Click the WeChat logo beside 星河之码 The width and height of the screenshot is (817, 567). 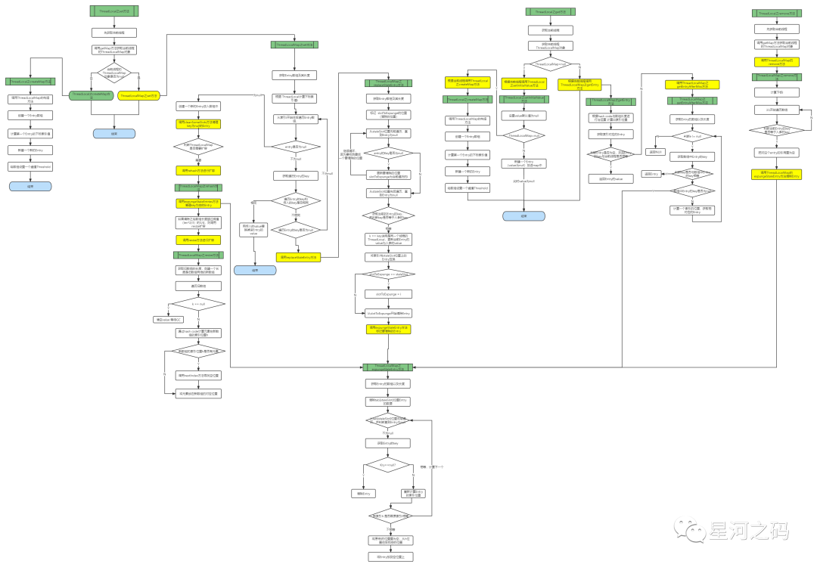point(690,530)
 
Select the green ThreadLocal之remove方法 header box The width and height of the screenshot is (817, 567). point(777,14)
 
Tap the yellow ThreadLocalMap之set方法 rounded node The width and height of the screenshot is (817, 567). point(139,96)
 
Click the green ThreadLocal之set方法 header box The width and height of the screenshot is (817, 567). point(113,11)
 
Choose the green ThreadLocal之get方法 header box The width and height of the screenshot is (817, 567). point(550,11)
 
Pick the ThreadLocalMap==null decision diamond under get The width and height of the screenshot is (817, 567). point(550,64)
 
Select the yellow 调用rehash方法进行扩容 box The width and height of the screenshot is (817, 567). point(198,171)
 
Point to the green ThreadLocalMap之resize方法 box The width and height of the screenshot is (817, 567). point(198,256)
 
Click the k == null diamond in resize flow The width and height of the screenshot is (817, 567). point(198,304)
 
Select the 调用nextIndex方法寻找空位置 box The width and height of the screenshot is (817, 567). point(198,375)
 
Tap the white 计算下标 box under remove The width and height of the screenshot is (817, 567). point(777,92)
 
